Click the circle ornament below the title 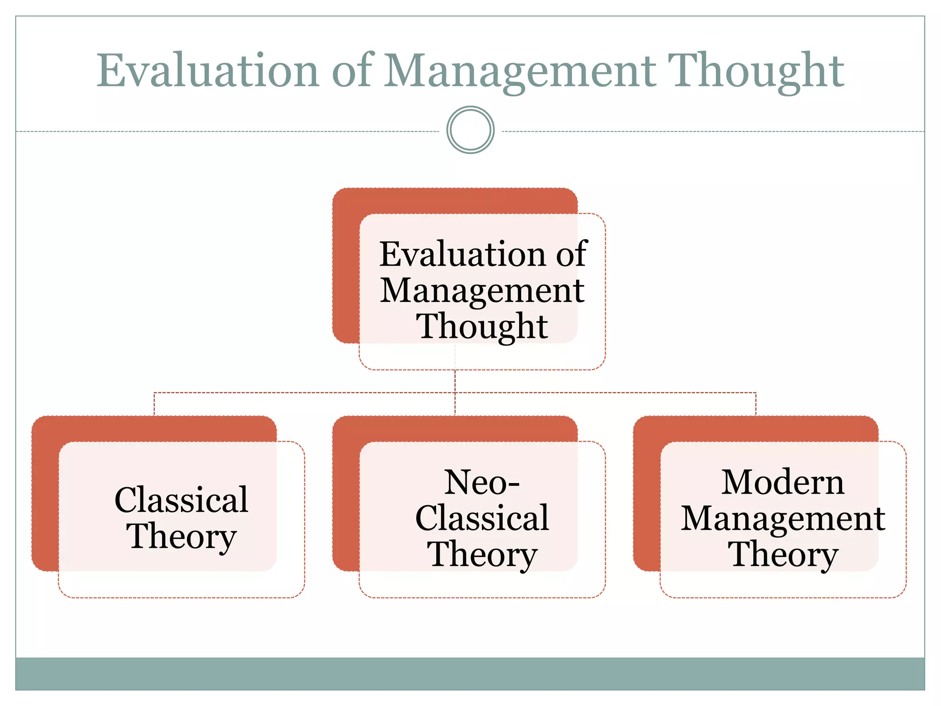tap(470, 130)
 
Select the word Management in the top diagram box tap(482, 290)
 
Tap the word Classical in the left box tap(181, 500)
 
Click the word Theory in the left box tap(181, 535)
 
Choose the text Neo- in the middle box tap(482, 482)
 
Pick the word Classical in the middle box tap(482, 518)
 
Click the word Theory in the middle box tap(482, 554)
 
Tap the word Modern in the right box tap(782, 482)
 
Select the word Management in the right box tap(782, 518)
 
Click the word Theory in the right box tap(782, 554)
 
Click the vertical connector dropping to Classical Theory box tap(154, 404)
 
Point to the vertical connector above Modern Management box tap(756, 404)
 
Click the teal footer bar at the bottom tap(470, 673)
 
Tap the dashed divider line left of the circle tap(230, 131)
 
